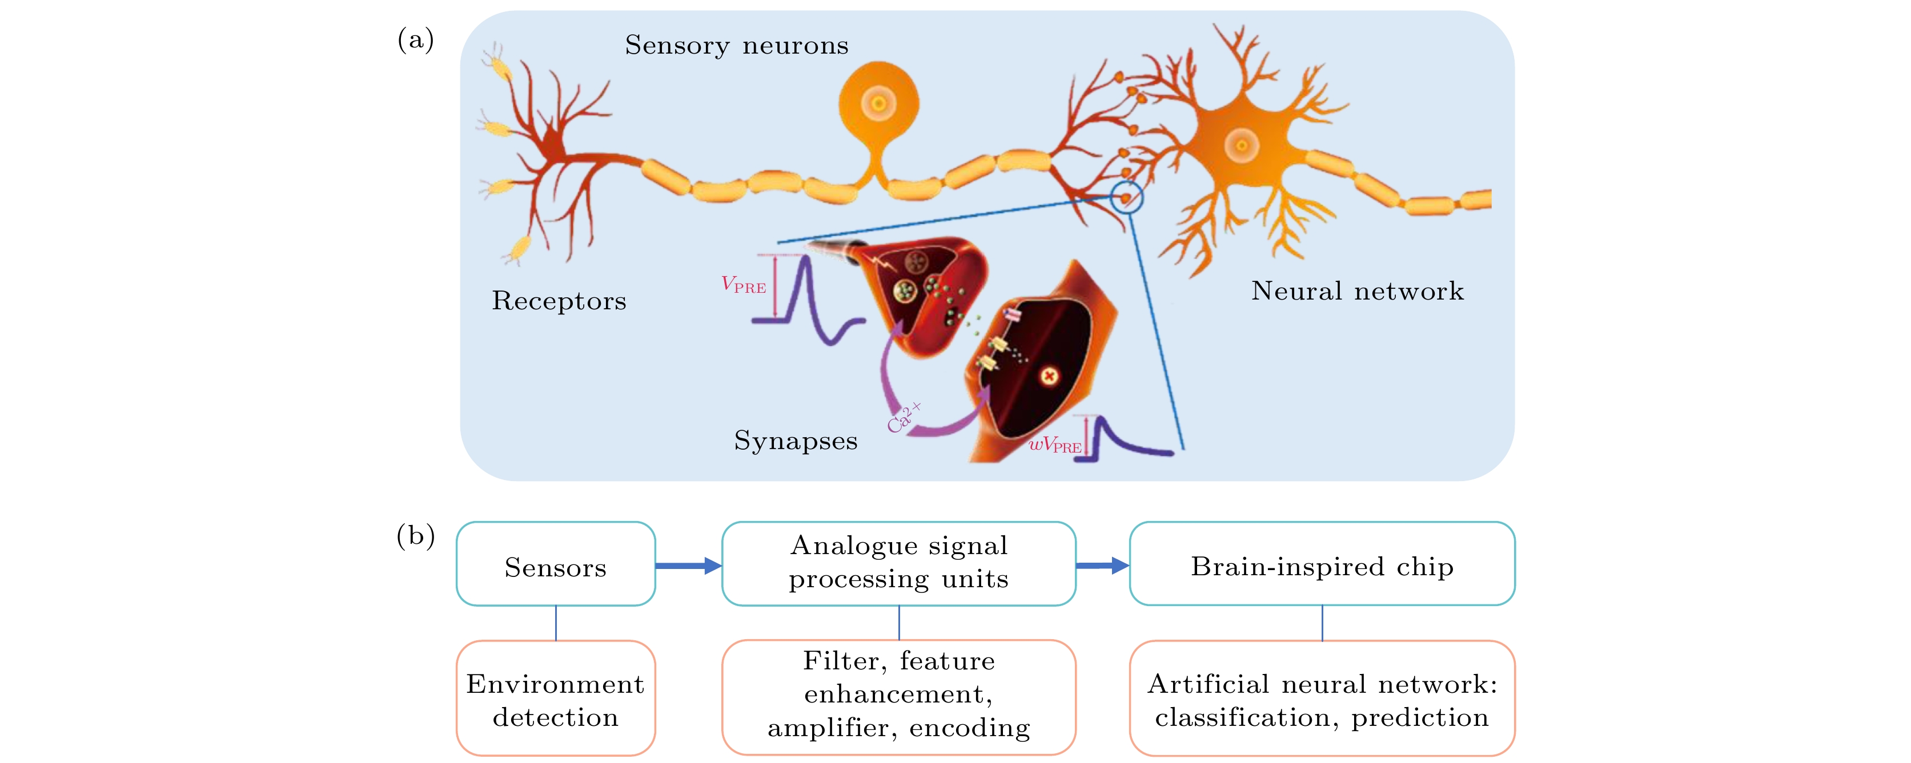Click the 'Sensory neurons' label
(737, 45)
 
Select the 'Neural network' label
(1358, 290)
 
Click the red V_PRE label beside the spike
(744, 285)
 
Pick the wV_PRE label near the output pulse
(1054, 445)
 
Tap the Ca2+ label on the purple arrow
(904, 418)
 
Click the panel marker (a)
(415, 39)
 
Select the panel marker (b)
(415, 535)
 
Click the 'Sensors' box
(556, 563)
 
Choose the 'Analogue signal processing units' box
(898, 563)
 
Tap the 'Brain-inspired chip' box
(1322, 563)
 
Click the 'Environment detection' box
(556, 699)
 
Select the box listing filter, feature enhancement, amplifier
(898, 698)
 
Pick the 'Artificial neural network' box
(1322, 699)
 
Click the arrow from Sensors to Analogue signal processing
(688, 566)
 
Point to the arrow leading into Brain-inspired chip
(1102, 566)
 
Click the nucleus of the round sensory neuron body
(878, 103)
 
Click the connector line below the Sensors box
(556, 623)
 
